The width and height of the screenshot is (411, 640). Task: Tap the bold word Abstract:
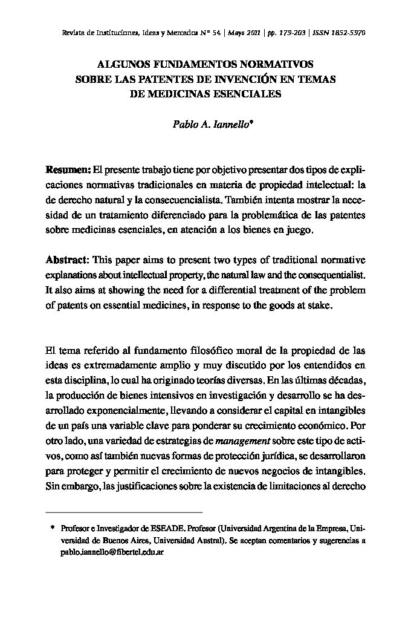[68, 260]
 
